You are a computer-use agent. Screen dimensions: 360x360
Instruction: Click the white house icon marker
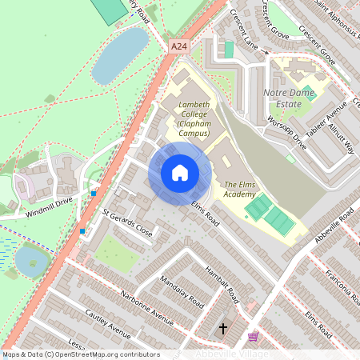[x=180, y=172]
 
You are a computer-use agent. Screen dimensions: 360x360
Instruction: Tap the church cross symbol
[x=222, y=329]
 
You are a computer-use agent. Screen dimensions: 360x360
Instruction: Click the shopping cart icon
[x=254, y=338]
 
